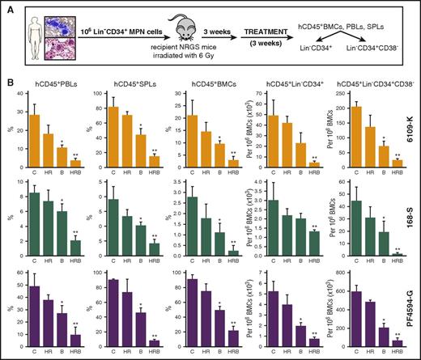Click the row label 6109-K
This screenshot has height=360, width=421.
(412, 129)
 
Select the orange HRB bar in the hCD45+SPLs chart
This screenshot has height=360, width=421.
(155, 162)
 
